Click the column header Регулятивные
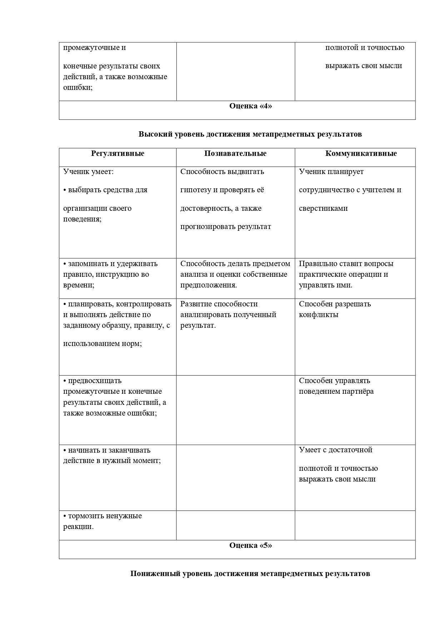(x=118, y=154)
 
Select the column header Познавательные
(x=235, y=154)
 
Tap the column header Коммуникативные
(x=361, y=154)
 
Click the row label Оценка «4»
(x=250, y=106)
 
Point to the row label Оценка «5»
(x=250, y=545)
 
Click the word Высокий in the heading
(x=153, y=134)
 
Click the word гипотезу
(x=195, y=190)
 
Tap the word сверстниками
(x=323, y=208)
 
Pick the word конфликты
(x=318, y=315)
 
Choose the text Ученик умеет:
(x=88, y=172)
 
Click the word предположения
(x=208, y=285)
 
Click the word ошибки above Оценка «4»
(x=78, y=87)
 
